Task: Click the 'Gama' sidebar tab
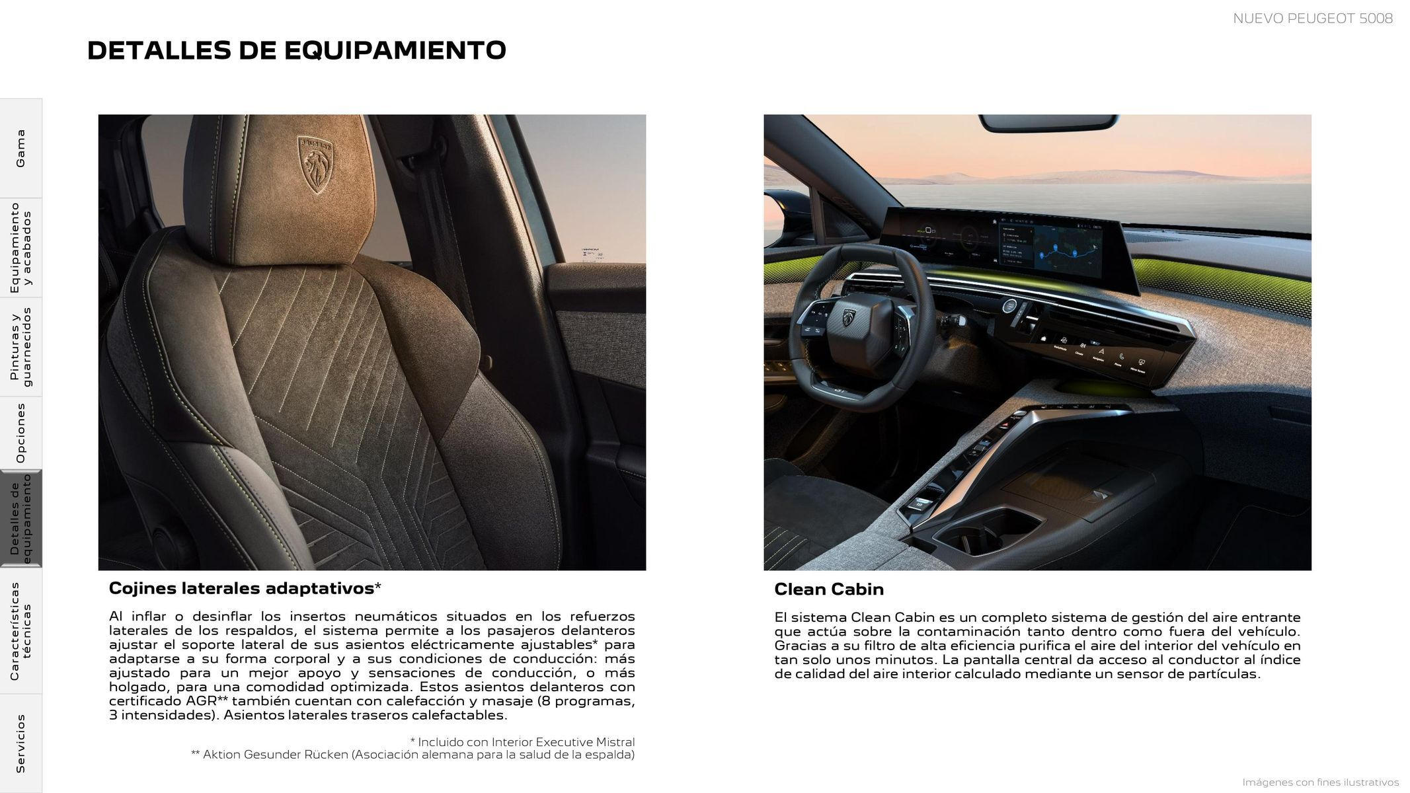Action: [20, 148]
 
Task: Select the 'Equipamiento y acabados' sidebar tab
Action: [20, 248]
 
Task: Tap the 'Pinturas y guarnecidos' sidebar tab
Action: [20, 347]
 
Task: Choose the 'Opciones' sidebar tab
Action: [20, 434]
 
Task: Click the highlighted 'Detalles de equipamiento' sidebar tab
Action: [20, 519]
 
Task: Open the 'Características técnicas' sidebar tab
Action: [20, 631]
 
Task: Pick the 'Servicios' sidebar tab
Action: [20, 743]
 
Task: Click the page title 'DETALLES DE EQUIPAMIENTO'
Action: [296, 51]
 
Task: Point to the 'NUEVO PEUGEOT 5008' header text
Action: [1312, 19]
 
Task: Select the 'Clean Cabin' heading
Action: [828, 589]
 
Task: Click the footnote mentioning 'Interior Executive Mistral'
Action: [522, 742]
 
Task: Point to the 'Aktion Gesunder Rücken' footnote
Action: [412, 755]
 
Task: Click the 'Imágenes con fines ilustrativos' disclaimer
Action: [1320, 782]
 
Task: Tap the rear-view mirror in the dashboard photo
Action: [1048, 123]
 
